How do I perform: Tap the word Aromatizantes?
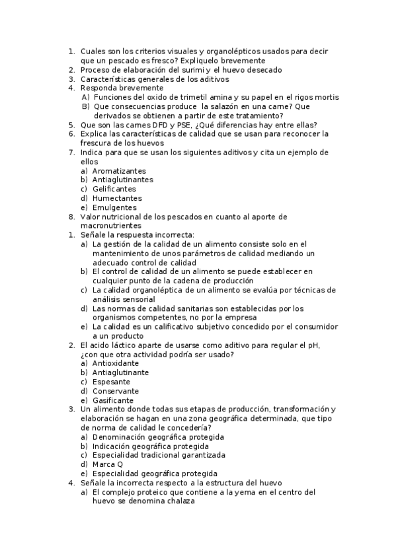pyautogui.click(x=119, y=170)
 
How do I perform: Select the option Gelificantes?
pyautogui.click(x=114, y=189)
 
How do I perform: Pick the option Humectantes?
pyautogui.click(x=117, y=198)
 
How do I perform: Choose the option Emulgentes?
pyautogui.click(x=114, y=207)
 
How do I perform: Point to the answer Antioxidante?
pyautogui.click(x=116, y=363)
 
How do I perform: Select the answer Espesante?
pyautogui.click(x=111, y=382)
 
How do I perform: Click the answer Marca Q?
pyautogui.click(x=108, y=464)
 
